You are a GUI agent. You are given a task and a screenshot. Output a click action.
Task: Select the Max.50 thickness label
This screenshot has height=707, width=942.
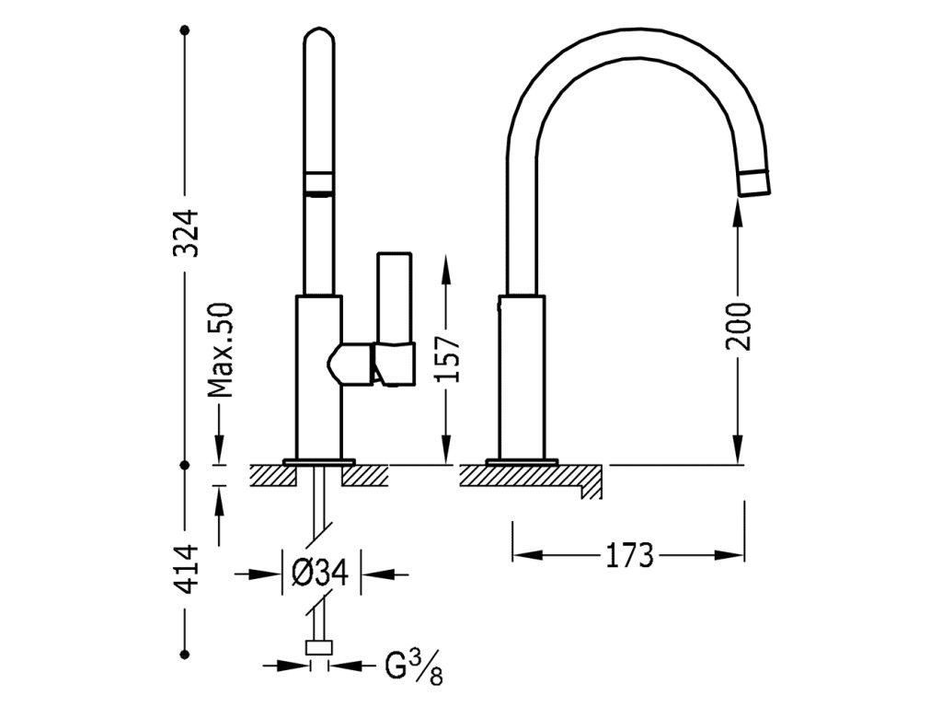221,350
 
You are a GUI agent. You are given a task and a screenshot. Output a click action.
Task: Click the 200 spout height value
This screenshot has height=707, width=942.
739,325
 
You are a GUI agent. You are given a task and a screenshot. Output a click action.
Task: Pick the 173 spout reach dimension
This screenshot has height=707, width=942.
628,555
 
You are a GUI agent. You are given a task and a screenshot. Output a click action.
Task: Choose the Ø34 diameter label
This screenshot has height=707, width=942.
319,574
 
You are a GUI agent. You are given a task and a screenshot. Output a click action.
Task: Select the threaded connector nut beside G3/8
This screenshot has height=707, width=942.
319,650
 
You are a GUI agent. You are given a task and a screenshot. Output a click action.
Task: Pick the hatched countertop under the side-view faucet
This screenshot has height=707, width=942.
529,475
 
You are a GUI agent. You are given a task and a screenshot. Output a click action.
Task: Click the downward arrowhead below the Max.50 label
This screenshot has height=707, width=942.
221,451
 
